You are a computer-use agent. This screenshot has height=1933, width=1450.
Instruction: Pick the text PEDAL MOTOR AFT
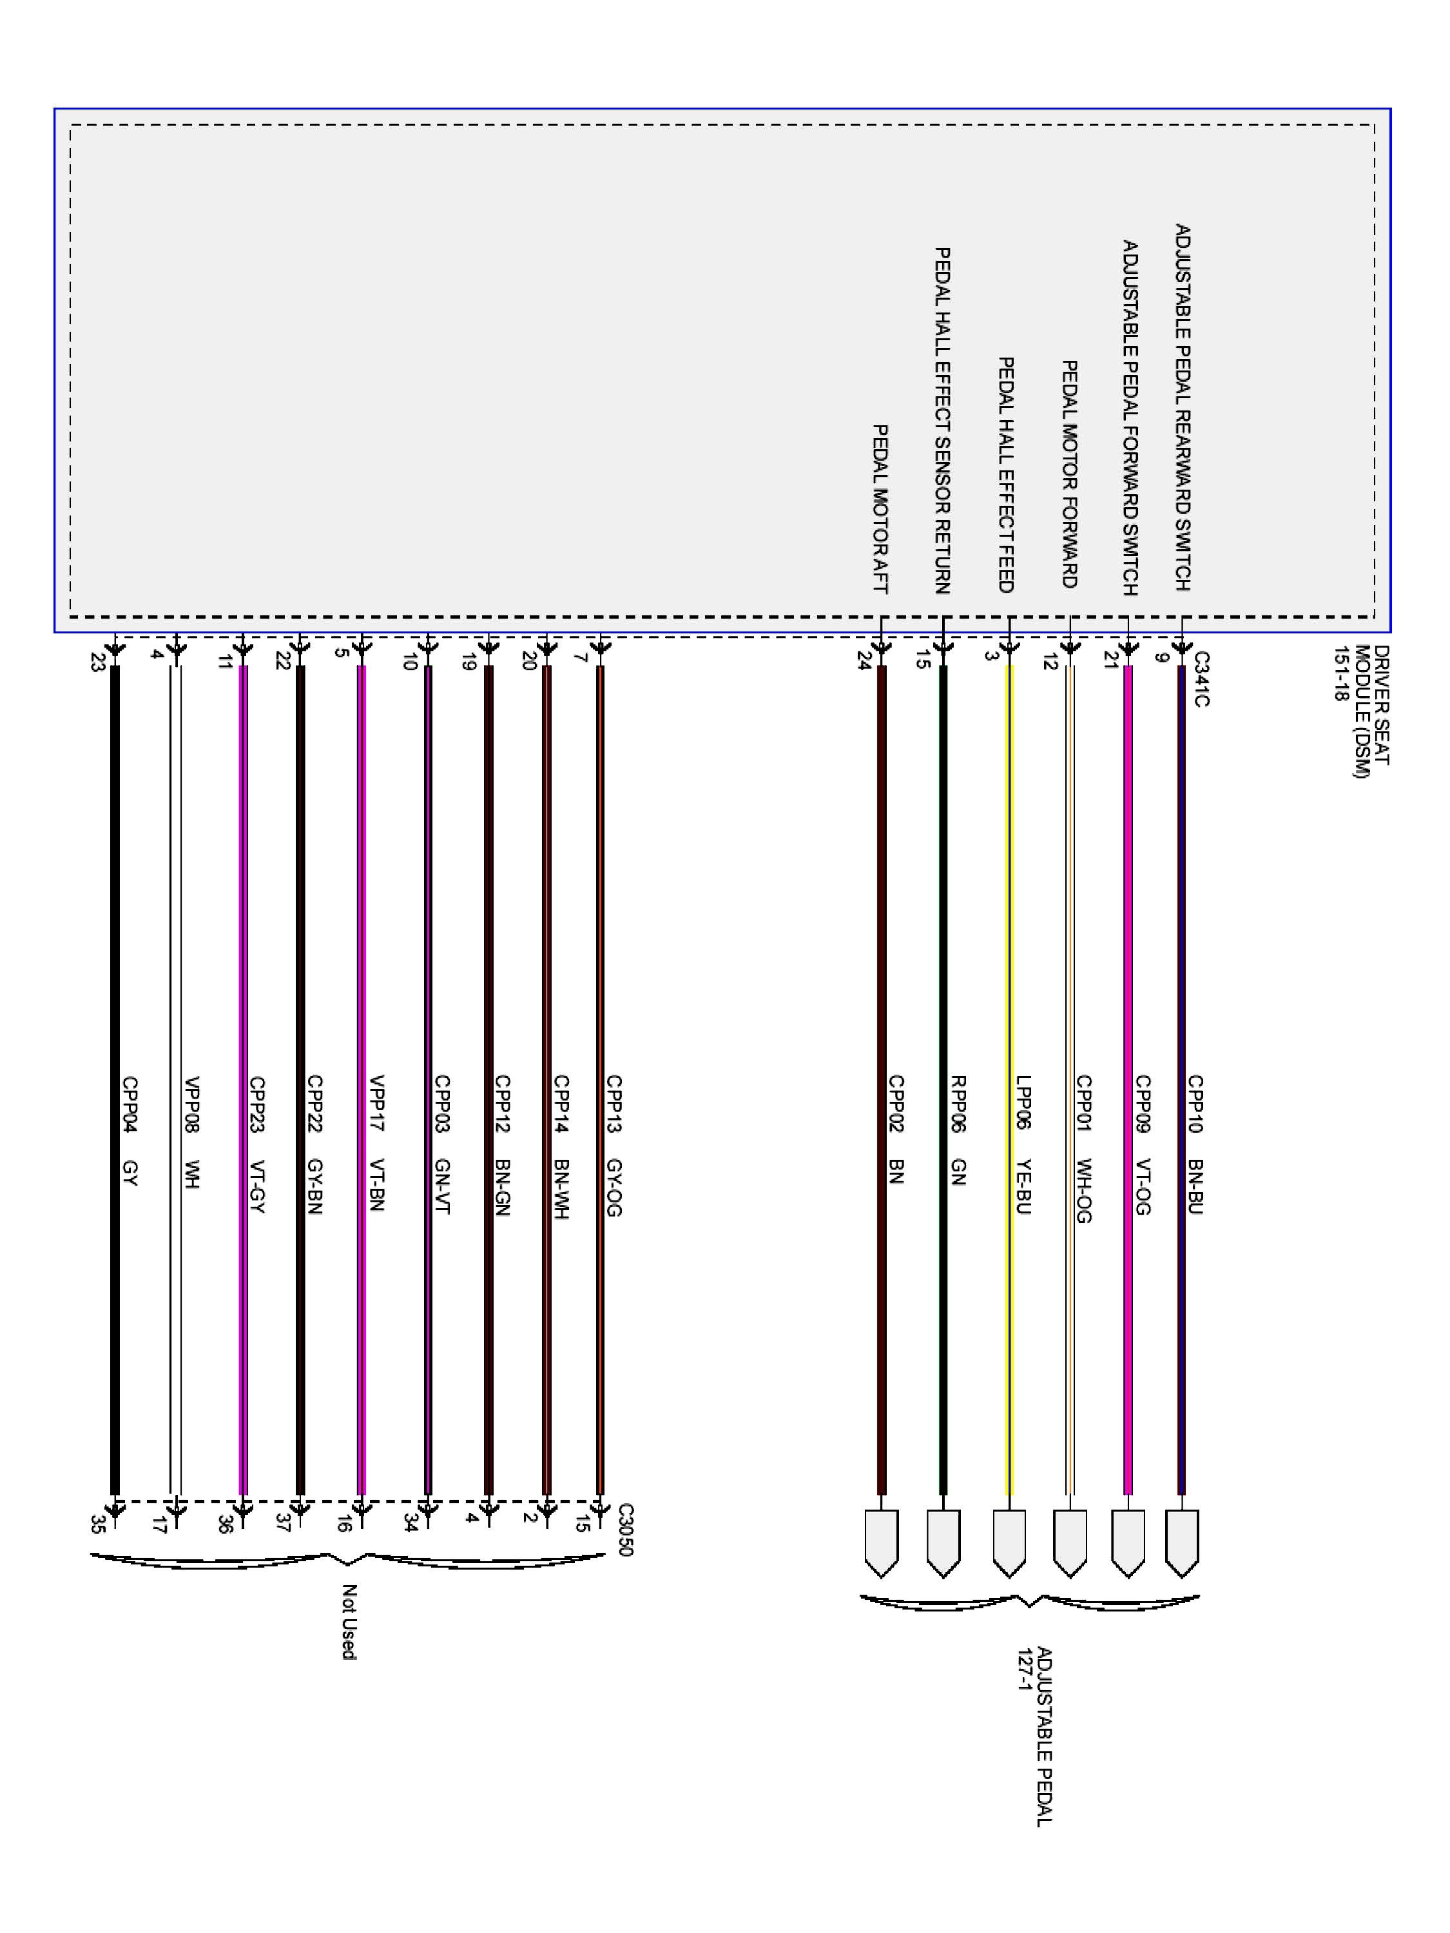click(880, 510)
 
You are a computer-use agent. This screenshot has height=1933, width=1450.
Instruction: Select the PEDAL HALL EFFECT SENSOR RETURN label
click(942, 420)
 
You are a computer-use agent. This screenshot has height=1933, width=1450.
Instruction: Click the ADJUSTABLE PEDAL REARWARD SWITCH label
click(1182, 407)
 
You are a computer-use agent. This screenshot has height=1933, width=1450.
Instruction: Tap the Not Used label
click(349, 1622)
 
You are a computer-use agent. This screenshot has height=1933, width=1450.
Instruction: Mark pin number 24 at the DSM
click(864, 662)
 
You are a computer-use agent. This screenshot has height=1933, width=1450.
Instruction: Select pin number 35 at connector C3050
click(98, 1525)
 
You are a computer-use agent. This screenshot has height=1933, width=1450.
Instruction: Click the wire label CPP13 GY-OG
click(614, 1146)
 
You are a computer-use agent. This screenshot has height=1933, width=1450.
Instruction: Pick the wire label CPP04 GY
click(130, 1131)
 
